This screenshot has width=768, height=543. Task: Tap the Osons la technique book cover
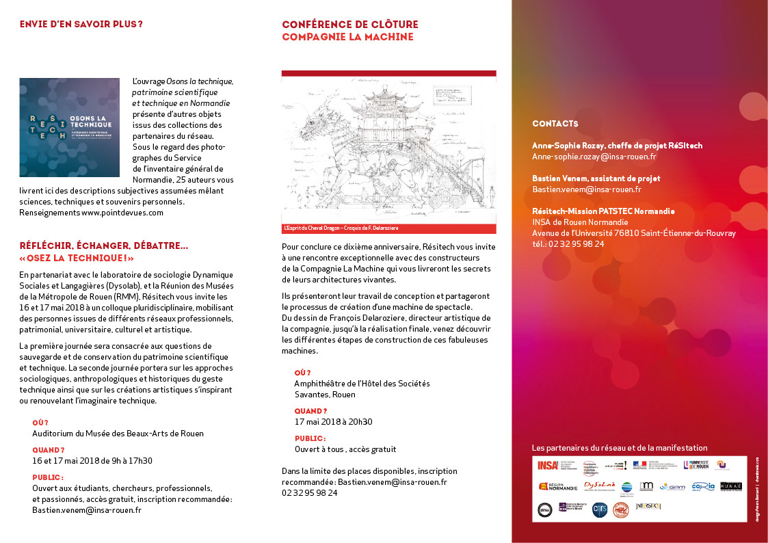coord(70,128)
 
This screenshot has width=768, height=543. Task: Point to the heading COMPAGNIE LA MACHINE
coord(347,37)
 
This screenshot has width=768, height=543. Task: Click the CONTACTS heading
coord(555,124)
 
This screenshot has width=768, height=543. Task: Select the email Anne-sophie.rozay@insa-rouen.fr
coord(594,157)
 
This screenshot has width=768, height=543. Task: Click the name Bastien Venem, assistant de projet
coord(596,178)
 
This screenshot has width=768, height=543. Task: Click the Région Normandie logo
coord(557,487)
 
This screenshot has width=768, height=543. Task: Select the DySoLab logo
coord(599,486)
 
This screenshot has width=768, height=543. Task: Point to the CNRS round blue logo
coord(599,509)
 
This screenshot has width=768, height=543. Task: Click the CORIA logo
coord(702,487)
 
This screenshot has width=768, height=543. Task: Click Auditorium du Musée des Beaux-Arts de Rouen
coord(118,434)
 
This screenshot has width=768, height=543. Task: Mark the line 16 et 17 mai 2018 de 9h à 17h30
coord(92,461)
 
